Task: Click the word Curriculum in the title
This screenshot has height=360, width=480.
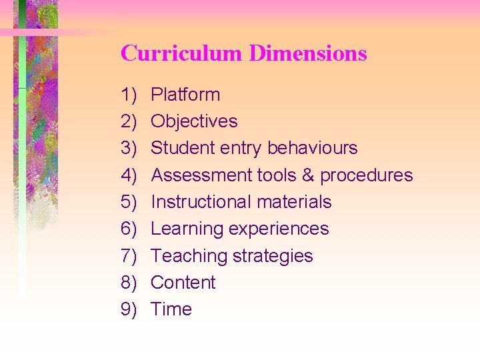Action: click(x=182, y=53)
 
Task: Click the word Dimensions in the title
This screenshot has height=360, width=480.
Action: click(x=308, y=53)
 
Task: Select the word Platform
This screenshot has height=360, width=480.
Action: click(x=185, y=95)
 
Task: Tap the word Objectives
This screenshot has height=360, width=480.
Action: click(x=194, y=121)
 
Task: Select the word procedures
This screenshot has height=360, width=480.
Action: click(x=367, y=175)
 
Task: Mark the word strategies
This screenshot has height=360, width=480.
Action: click(x=273, y=256)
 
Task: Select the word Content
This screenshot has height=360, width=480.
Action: click(x=183, y=283)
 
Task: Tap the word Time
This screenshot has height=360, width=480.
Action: click(x=171, y=309)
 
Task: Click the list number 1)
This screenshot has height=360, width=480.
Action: click(x=129, y=95)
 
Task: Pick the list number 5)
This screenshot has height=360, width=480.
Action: click(x=129, y=202)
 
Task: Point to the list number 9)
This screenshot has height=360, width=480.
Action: click(x=129, y=309)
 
